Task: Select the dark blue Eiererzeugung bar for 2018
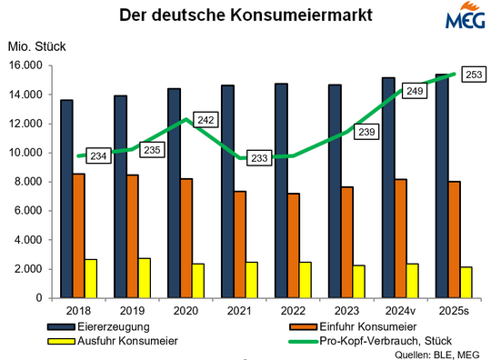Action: coord(67,198)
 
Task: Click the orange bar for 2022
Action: coord(294,245)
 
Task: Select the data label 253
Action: coord(472,75)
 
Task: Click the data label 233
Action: coord(259,157)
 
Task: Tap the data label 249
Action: coord(414,91)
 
